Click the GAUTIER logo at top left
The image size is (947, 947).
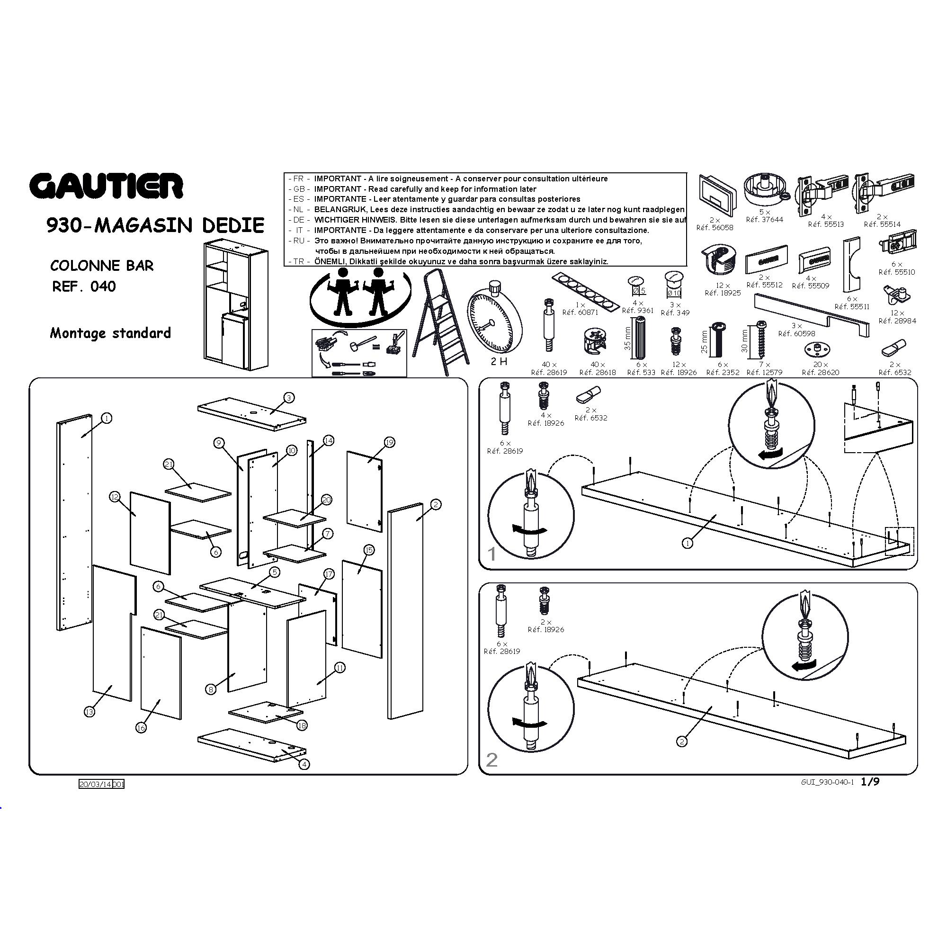click(107, 186)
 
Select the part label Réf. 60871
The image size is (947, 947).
click(580, 312)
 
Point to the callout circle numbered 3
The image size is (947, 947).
click(289, 398)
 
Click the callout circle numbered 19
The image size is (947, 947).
click(390, 443)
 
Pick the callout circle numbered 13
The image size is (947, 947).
click(89, 712)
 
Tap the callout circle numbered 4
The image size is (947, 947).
click(304, 764)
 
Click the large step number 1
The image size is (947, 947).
click(492, 554)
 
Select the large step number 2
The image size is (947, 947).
click(491, 760)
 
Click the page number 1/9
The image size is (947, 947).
click(870, 781)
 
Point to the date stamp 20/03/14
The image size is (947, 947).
click(96, 784)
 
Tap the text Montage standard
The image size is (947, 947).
click(110, 333)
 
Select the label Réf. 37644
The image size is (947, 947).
click(765, 220)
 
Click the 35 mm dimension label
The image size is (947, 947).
click(628, 339)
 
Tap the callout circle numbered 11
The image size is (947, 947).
click(339, 668)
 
